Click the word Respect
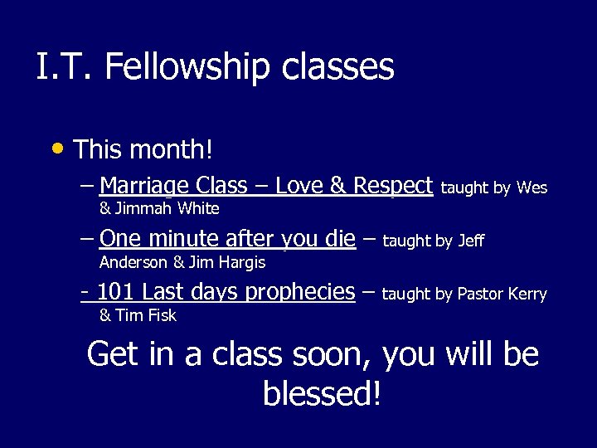[x=393, y=185]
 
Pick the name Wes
[x=531, y=188]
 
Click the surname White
[x=198, y=208]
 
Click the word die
[x=341, y=239]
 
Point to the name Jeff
[x=470, y=241]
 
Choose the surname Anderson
[x=133, y=262]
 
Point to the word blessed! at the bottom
[x=323, y=393]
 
